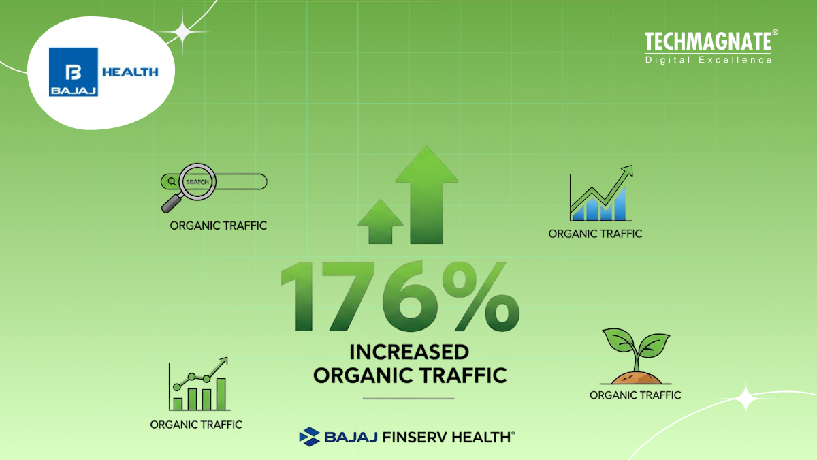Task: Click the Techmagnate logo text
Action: [708, 42]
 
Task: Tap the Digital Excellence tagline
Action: [708, 60]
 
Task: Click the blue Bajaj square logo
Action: [74, 72]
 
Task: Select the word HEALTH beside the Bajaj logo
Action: [129, 72]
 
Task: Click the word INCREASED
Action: [409, 352]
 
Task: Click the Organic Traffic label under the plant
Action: [635, 395]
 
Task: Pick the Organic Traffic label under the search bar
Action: [218, 226]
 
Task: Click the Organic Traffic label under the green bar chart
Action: [196, 424]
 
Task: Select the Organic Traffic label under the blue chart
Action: [595, 233]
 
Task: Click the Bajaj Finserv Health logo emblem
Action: [310, 436]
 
